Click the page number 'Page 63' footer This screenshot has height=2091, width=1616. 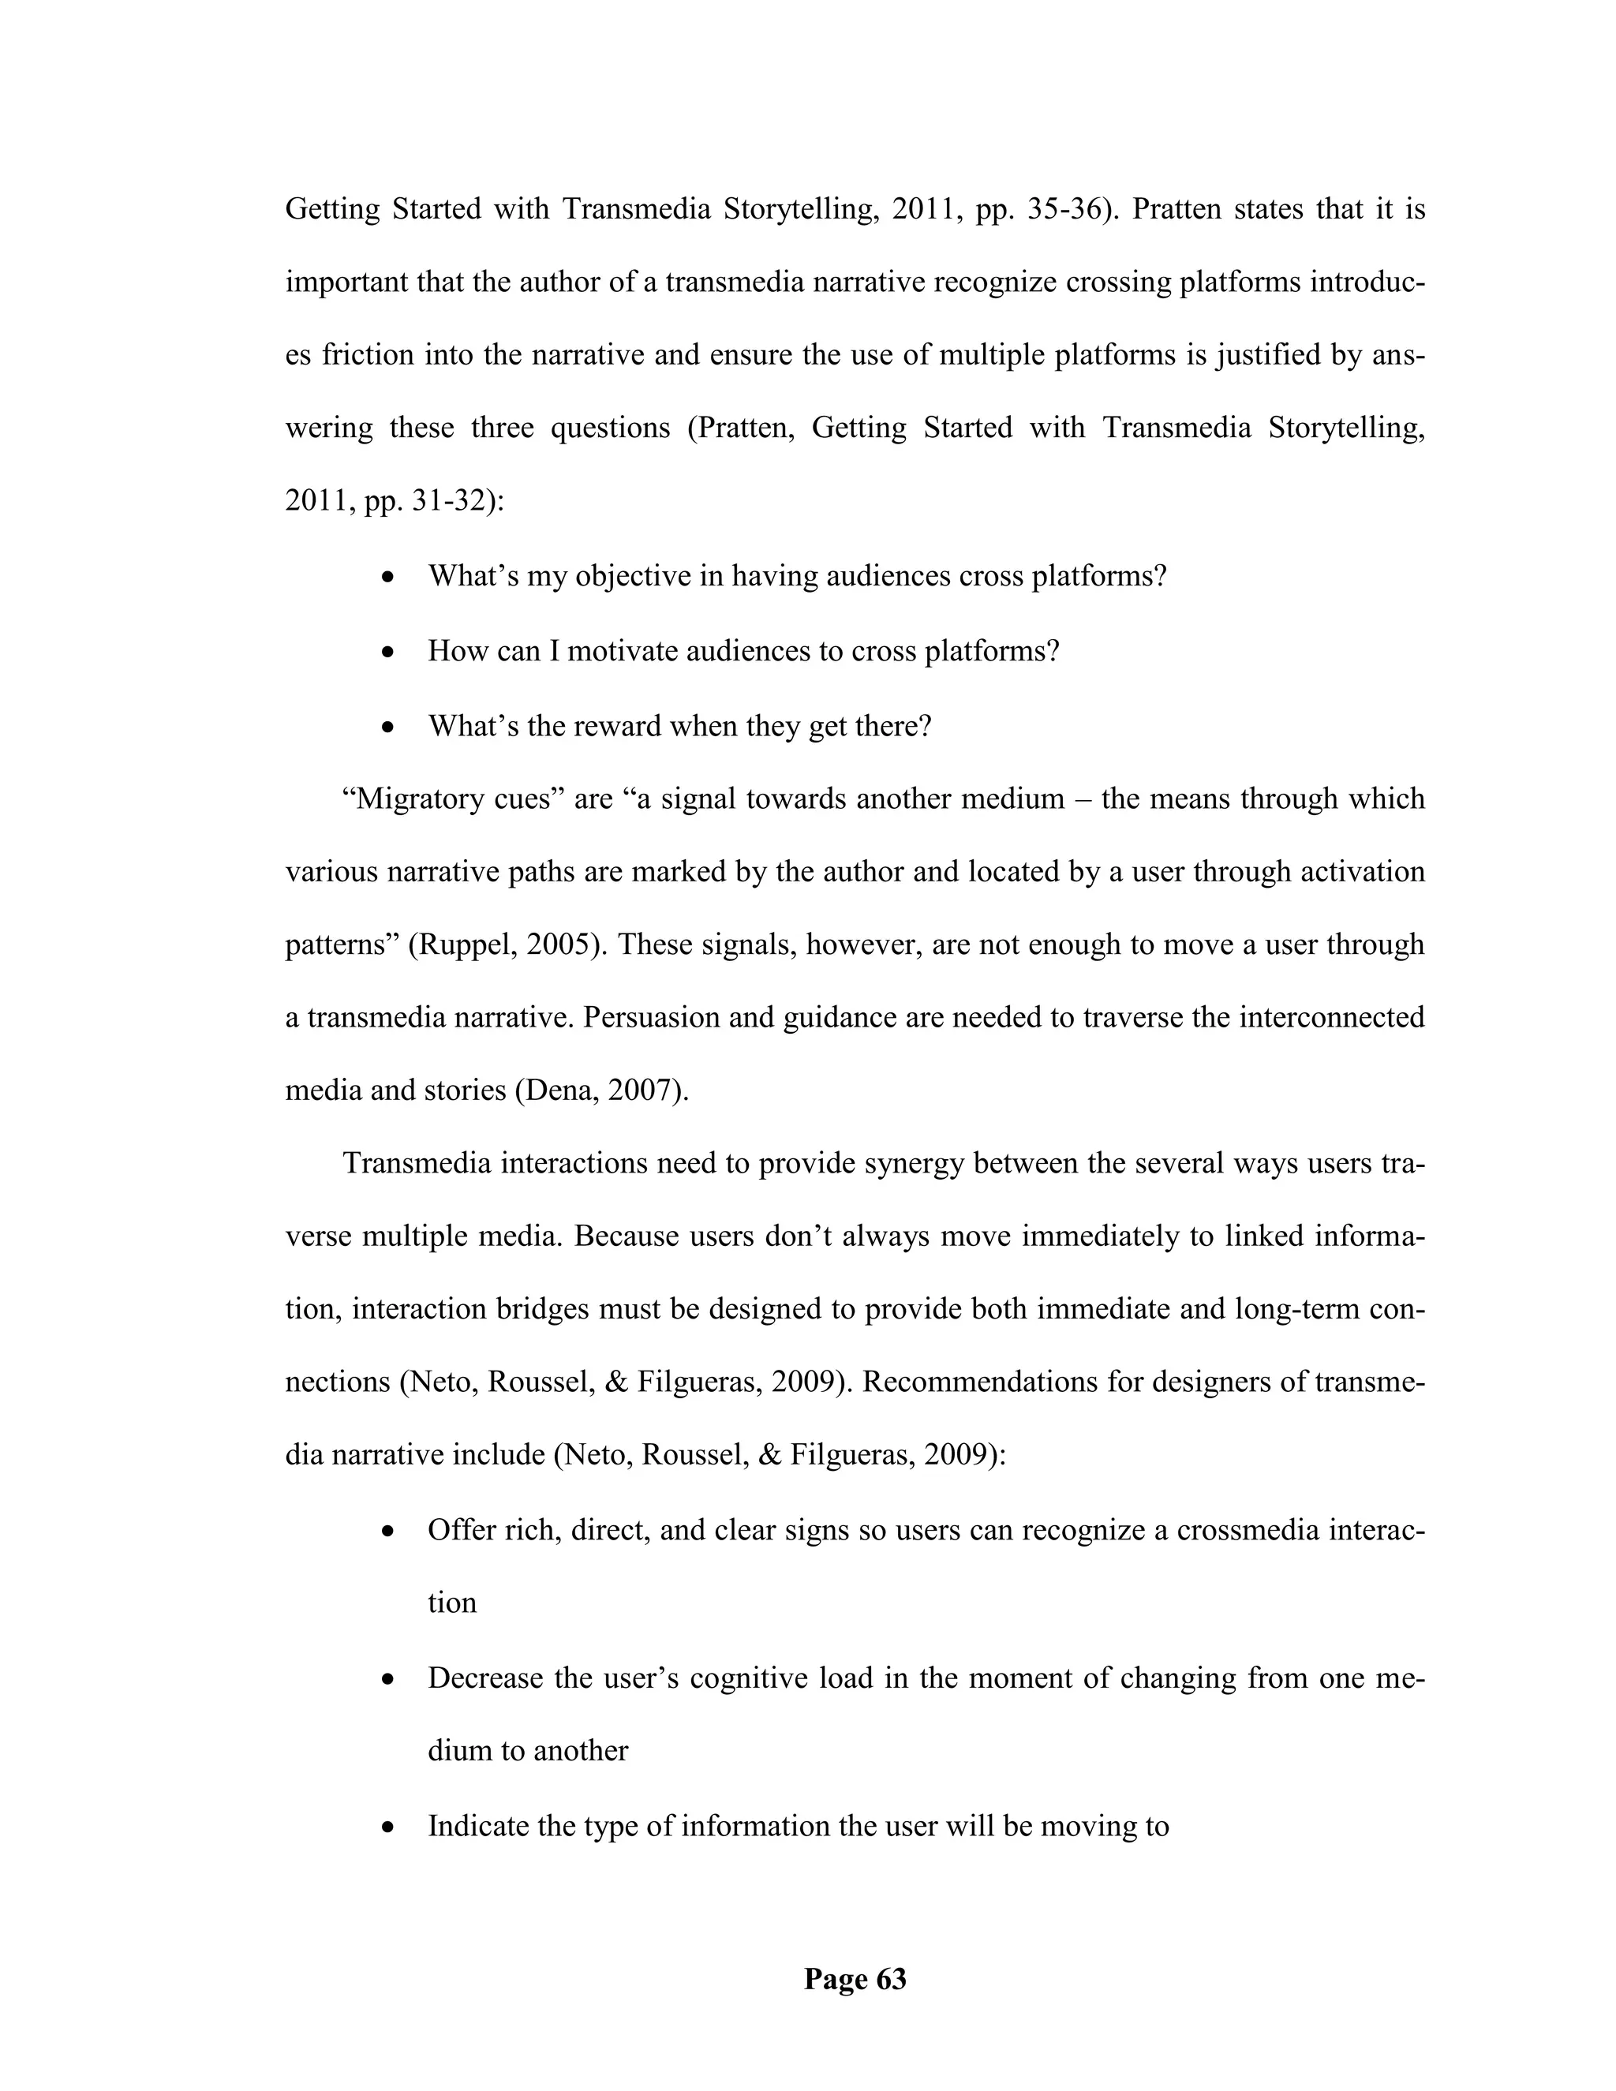pyautogui.click(x=854, y=1978)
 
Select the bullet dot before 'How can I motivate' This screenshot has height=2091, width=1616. pyautogui.click(x=387, y=653)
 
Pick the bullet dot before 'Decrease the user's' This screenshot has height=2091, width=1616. pyautogui.click(x=387, y=1679)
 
